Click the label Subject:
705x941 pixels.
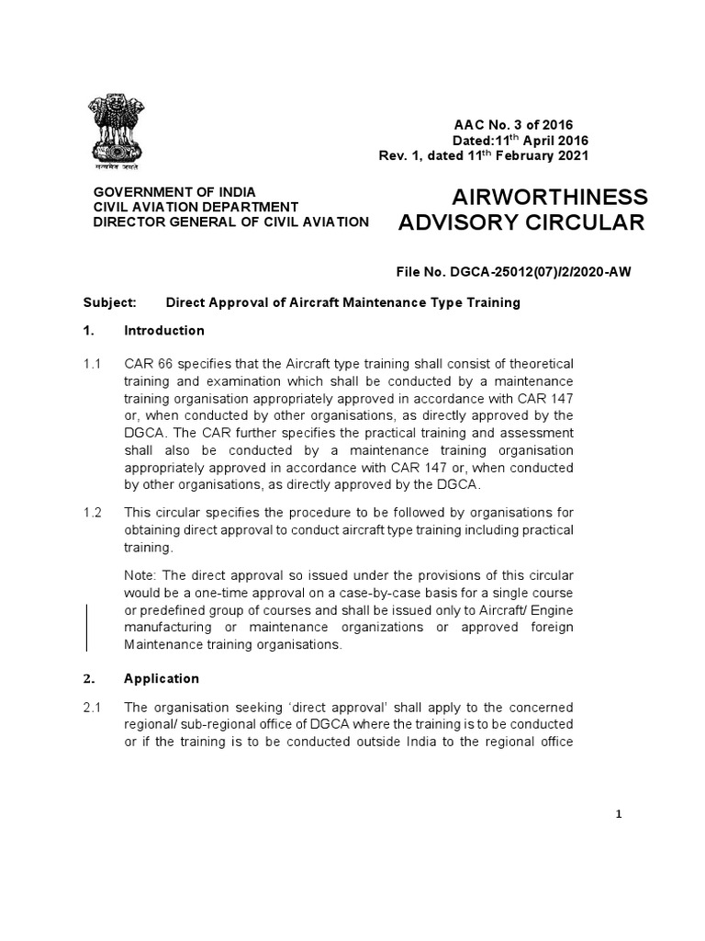tap(109, 302)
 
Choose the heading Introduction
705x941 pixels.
tap(164, 331)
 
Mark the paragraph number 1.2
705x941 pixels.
tap(93, 513)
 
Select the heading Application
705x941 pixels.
tap(162, 678)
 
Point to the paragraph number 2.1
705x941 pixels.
tap(93, 707)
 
